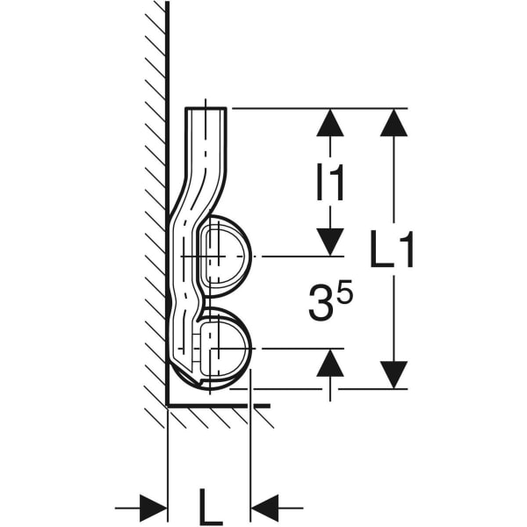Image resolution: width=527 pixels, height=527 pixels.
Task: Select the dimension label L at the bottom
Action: click(208, 507)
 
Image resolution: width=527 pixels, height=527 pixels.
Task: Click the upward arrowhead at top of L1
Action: click(393, 122)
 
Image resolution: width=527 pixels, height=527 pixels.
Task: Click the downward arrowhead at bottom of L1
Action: click(393, 374)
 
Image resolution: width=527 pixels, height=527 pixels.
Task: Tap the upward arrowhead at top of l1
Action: click(330, 122)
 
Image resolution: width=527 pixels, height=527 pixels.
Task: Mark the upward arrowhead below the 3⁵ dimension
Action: click(330, 363)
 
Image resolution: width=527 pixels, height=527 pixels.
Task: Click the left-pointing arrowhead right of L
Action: click(265, 508)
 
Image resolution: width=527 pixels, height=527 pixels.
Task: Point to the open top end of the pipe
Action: click(206, 109)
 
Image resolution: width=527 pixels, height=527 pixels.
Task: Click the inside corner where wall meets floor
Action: click(168, 406)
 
